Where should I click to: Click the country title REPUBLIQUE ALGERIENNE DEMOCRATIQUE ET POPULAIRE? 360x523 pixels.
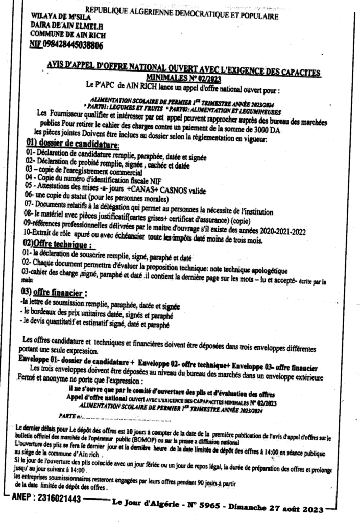point(181,13)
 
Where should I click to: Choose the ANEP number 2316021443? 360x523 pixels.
point(56,498)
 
